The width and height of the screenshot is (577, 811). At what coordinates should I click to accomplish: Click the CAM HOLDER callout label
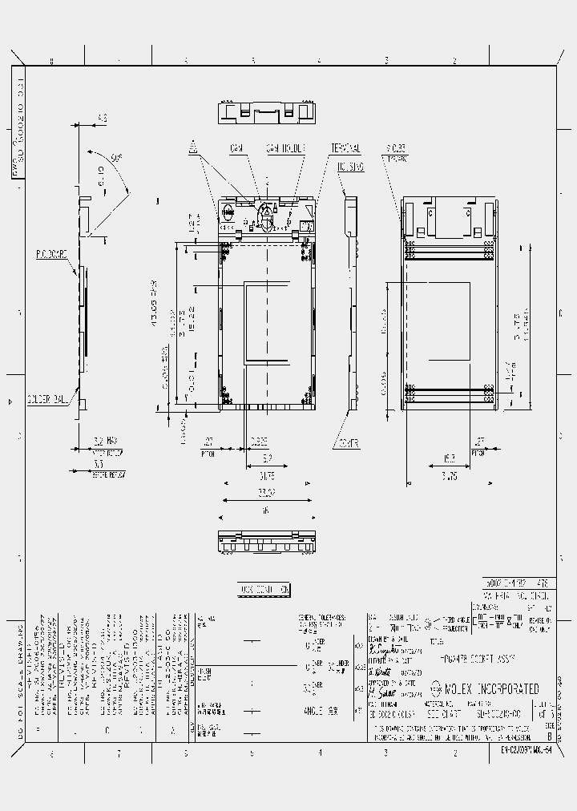[x=286, y=149]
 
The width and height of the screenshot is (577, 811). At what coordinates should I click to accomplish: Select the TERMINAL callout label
[x=345, y=149]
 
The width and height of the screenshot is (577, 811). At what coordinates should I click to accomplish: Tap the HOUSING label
[x=350, y=167]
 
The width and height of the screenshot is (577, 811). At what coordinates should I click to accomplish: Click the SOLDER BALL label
[x=49, y=398]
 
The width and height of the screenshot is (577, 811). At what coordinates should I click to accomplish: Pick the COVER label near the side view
[x=348, y=442]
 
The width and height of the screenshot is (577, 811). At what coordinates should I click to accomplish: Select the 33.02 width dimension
[x=266, y=492]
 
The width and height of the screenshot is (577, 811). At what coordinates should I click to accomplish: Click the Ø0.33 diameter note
[x=396, y=147]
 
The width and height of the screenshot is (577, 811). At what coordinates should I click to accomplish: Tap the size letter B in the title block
[x=549, y=734]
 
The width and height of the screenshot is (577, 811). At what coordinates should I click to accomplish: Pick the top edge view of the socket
[x=266, y=112]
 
